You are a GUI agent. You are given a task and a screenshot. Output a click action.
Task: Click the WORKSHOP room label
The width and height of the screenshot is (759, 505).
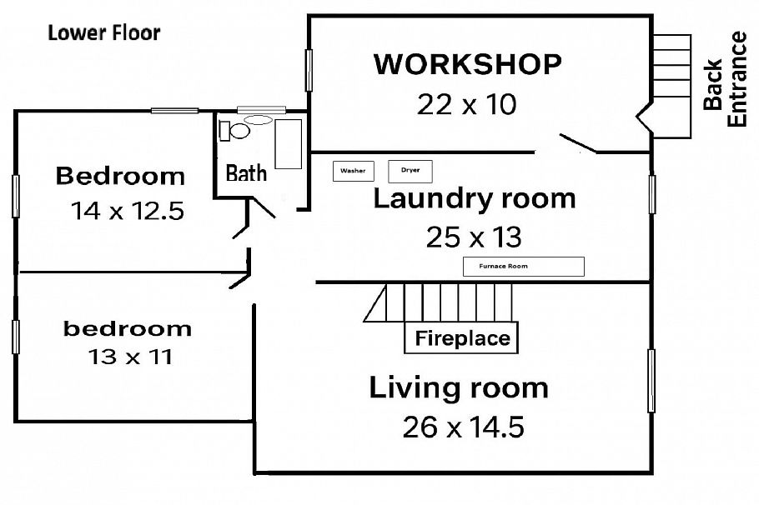click(x=467, y=64)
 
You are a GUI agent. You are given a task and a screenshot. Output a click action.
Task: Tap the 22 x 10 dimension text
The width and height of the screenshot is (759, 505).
click(x=467, y=104)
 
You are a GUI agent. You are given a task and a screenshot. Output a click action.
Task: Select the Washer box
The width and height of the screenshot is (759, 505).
click(x=353, y=171)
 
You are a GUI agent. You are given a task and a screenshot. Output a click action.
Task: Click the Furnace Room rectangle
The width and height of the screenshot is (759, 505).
click(x=523, y=267)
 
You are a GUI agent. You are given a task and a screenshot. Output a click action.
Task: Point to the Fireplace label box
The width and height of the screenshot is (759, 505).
click(x=462, y=338)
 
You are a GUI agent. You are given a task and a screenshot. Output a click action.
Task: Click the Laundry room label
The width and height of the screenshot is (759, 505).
click(x=474, y=199)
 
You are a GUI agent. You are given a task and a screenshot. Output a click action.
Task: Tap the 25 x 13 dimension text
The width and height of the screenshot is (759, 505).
click(x=474, y=237)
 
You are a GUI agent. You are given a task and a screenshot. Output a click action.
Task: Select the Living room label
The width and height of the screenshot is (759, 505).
click(x=459, y=387)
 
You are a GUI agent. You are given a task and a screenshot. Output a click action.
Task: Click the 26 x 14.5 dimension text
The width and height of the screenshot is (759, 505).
click(x=463, y=427)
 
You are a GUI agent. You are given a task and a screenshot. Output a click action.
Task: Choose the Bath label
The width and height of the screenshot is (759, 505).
click(x=247, y=172)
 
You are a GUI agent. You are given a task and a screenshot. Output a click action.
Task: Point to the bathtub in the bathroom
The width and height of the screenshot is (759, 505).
click(x=289, y=144)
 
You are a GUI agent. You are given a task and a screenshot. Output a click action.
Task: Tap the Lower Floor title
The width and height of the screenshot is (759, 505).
click(x=103, y=33)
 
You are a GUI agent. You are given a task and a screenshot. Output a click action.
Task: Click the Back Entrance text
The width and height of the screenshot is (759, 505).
click(x=724, y=79)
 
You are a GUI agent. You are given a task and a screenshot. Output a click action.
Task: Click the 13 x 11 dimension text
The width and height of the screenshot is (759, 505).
click(x=129, y=357)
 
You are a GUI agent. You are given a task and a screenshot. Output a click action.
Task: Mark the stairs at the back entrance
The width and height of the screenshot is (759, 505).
click(x=672, y=83)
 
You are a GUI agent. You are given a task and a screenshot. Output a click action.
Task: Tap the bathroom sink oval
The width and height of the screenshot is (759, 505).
click(x=259, y=120)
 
